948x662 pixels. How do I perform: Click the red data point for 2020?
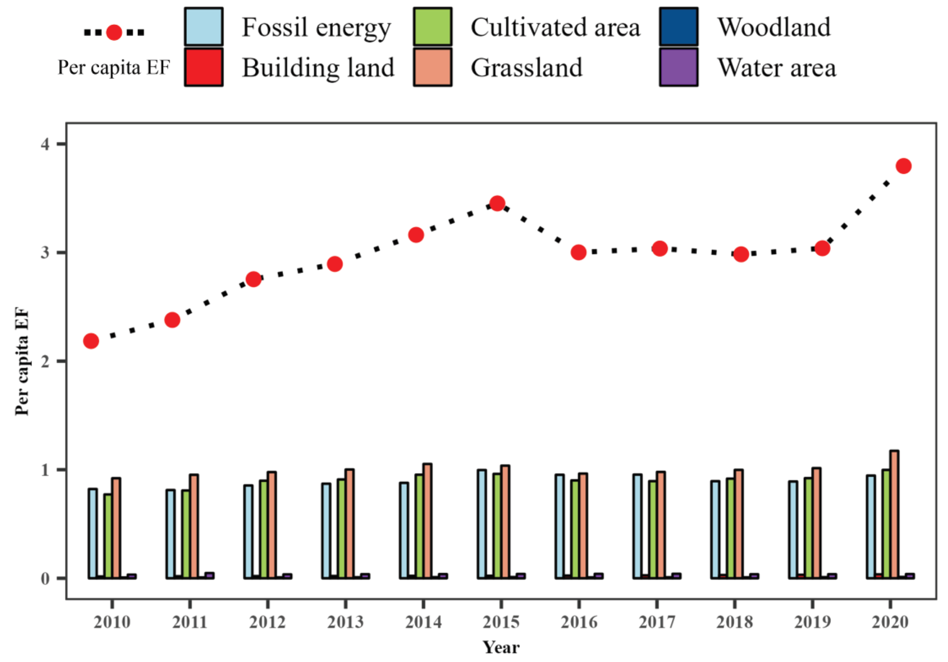tap(903, 166)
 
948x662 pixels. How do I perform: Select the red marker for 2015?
tap(497, 203)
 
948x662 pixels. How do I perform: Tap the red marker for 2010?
tap(91, 341)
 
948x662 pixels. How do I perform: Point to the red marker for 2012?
tap(253, 279)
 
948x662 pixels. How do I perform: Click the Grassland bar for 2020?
tap(894, 514)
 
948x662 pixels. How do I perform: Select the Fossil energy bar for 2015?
tap(482, 524)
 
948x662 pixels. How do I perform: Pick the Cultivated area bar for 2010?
tap(108, 536)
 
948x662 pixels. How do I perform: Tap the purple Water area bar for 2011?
tap(210, 575)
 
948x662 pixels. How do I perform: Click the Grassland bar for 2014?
tap(428, 521)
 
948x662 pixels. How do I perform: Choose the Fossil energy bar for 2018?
tap(715, 530)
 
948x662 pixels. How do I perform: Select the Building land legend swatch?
tap(204, 67)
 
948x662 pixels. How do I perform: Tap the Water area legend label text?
tap(776, 68)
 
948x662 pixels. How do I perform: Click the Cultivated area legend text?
tap(555, 28)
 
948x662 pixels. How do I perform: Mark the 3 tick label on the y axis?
tap(46, 253)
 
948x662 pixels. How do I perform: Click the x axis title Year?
tap(501, 647)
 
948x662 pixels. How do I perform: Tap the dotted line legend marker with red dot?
tap(114, 32)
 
